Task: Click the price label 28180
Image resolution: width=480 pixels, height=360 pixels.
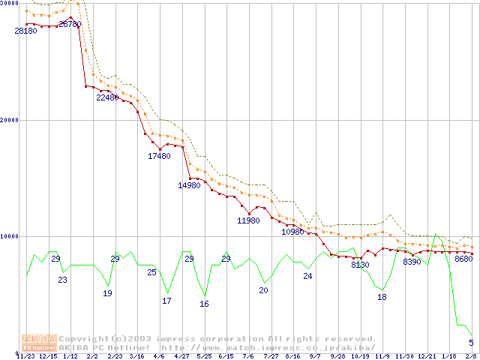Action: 25,31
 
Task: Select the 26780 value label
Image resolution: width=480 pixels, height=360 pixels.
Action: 70,24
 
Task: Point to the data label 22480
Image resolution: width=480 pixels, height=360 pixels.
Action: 108,97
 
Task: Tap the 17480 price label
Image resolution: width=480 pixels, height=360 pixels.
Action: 160,156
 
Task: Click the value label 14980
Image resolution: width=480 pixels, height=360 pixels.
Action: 189,185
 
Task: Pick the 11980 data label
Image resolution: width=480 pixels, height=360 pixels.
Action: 248,220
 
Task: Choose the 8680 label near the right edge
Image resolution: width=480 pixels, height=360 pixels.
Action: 463,259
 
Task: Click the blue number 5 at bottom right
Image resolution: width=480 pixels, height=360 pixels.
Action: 471,343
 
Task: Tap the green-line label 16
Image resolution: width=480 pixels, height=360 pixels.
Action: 204,304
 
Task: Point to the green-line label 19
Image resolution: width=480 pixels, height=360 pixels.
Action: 108,293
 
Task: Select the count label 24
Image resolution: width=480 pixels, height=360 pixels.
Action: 307,276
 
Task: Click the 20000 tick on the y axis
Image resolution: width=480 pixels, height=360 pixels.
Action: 10,120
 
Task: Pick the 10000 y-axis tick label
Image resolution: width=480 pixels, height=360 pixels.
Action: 10,236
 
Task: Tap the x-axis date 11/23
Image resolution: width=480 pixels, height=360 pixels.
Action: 25,356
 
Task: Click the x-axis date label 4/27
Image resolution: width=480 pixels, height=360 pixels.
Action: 181,356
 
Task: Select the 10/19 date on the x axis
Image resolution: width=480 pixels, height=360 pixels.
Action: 360,356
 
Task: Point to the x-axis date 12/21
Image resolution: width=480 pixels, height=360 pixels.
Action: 427,356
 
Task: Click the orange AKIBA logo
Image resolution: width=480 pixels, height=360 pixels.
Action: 40,343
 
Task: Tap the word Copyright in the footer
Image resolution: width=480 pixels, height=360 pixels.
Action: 82,339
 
